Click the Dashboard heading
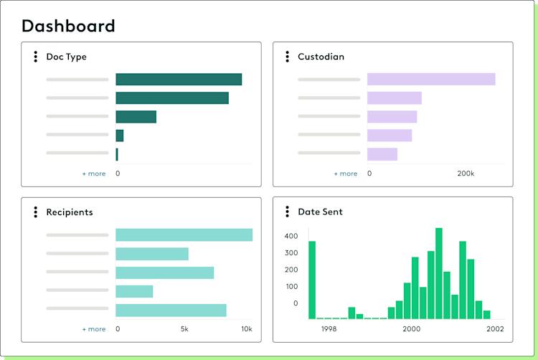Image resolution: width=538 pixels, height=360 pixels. coord(68,27)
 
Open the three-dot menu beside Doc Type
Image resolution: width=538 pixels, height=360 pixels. coord(35,57)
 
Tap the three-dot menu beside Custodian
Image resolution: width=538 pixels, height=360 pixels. coord(287,57)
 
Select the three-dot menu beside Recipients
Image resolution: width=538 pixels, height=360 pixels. coord(35,212)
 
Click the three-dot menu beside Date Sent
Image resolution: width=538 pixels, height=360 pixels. coord(287,212)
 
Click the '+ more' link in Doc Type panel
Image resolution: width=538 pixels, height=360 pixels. coord(93,174)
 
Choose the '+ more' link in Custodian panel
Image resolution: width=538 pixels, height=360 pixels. coord(345,174)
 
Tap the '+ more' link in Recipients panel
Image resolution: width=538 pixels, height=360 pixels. coord(93,329)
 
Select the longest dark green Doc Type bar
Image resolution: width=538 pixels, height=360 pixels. coord(179,80)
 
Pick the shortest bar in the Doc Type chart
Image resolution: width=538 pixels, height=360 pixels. coord(117,154)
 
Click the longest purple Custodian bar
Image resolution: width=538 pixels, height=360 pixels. coord(431,80)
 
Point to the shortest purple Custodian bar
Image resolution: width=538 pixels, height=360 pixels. coord(382,154)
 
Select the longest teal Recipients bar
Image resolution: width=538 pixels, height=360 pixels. coord(184,235)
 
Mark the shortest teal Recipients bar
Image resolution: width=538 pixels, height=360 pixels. coord(134,291)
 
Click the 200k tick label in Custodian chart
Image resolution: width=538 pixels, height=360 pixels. coord(466,174)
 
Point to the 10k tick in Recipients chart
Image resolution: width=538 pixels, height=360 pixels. coord(246,329)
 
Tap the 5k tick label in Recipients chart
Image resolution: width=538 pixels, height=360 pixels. coord(184,329)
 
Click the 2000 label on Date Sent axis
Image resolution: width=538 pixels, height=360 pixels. coord(412,329)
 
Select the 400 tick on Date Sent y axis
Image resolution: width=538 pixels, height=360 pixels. coord(291,236)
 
